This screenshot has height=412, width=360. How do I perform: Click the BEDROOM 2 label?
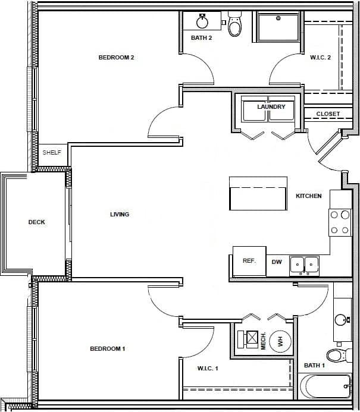(x=116, y=58)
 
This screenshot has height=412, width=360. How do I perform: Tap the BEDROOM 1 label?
(x=107, y=348)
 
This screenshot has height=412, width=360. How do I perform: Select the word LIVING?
(x=120, y=215)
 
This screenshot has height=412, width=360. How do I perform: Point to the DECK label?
(x=36, y=222)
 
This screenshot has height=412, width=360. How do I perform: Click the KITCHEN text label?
(x=308, y=196)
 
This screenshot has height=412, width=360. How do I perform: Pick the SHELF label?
(x=52, y=153)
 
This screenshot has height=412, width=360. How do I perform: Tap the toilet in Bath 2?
(x=236, y=26)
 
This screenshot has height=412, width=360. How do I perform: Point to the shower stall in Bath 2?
(x=278, y=27)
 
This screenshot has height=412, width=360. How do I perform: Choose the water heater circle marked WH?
(x=277, y=341)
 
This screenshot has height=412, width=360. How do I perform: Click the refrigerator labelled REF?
(x=249, y=261)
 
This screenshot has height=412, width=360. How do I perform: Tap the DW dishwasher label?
(x=277, y=262)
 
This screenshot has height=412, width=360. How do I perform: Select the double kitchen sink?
(x=304, y=265)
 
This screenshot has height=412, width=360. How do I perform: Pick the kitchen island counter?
(x=258, y=193)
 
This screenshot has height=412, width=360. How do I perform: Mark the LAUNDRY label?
(x=271, y=107)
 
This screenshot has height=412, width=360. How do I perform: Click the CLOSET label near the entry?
(x=328, y=114)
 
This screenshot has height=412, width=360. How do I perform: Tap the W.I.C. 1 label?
(x=208, y=369)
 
